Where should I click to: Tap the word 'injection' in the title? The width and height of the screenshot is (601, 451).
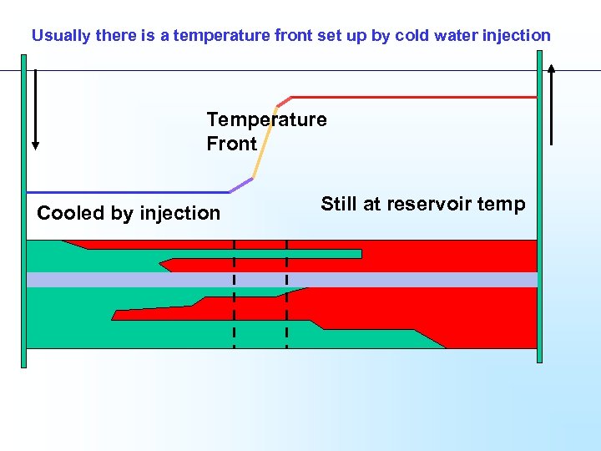pos(517,36)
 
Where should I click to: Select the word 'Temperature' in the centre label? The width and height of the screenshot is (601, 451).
pos(266,119)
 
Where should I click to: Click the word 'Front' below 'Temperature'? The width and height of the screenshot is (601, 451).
pos(231,144)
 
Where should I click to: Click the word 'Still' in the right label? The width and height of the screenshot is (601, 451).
pos(339,205)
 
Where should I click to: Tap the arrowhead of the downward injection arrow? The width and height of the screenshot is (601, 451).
pos(35,144)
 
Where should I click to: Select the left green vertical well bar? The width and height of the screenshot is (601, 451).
pos(23,209)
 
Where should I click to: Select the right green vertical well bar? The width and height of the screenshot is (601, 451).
pos(539,209)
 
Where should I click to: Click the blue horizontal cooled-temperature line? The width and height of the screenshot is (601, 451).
pos(125,192)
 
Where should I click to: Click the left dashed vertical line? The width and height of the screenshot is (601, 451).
pos(234,292)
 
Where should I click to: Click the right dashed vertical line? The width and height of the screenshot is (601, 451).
pos(286,292)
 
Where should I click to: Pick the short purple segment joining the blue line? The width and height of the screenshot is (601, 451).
pos(240,185)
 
